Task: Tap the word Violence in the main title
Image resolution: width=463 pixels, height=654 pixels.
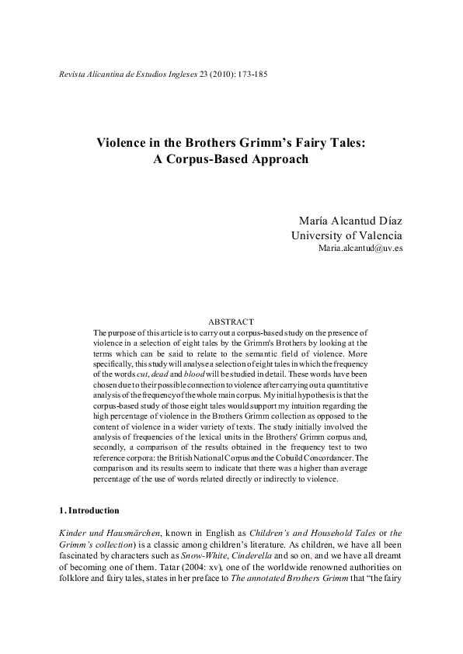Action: pyautogui.click(x=122, y=143)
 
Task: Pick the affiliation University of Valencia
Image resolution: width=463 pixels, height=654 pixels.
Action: pyautogui.click(x=346, y=236)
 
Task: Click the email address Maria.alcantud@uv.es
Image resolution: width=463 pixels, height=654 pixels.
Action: pyautogui.click(x=360, y=249)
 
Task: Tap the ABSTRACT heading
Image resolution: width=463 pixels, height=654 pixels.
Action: pyautogui.click(x=231, y=322)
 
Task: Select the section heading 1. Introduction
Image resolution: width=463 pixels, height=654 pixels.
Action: pyautogui.click(x=89, y=511)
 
